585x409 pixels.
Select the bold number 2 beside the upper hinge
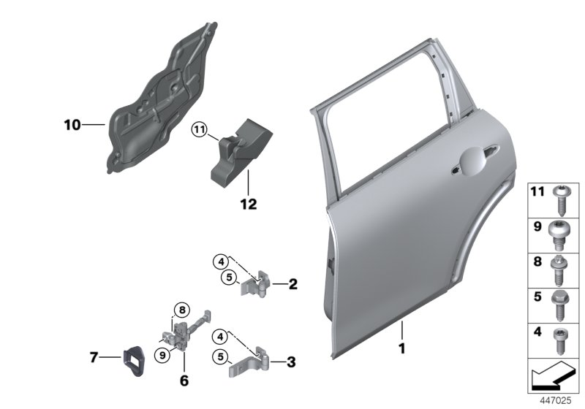point(293,284)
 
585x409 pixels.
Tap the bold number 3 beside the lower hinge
point(291,361)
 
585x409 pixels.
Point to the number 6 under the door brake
point(184,381)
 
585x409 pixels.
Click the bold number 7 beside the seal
point(94,357)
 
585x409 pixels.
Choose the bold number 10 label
point(72,125)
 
